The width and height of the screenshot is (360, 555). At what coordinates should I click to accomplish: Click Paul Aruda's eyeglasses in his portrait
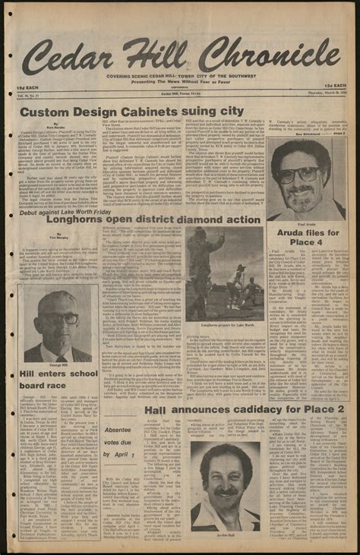click(x=298, y=174)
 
